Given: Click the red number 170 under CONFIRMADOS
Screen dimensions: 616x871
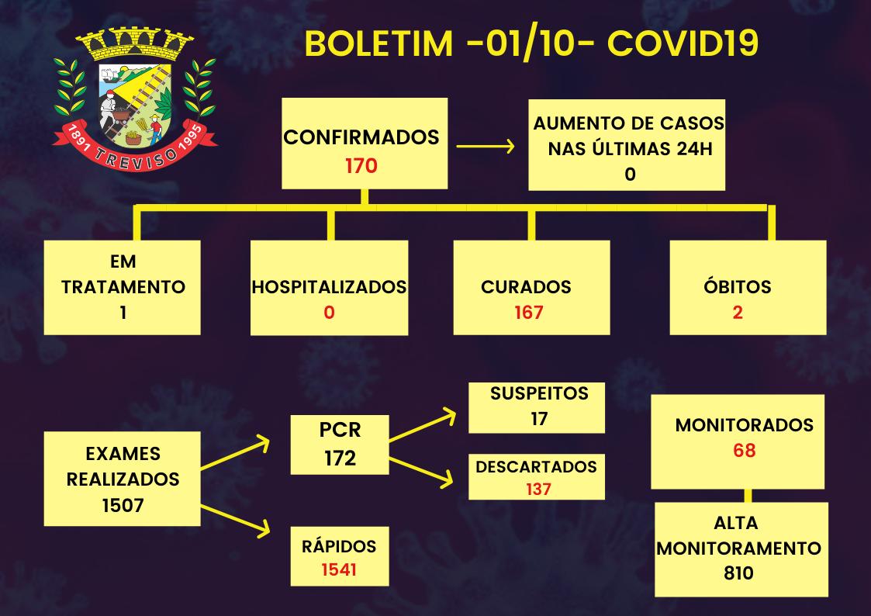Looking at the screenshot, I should pyautogui.click(x=361, y=164).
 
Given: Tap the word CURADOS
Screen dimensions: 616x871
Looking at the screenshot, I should pyautogui.click(x=526, y=287).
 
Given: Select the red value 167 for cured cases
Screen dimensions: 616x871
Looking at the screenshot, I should pyautogui.click(x=529, y=313).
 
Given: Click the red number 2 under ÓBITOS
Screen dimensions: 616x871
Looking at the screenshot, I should pyautogui.click(x=738, y=313).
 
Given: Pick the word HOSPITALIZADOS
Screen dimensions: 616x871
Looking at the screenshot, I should pyautogui.click(x=329, y=287).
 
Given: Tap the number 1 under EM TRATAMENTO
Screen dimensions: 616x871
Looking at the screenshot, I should pyautogui.click(x=123, y=313).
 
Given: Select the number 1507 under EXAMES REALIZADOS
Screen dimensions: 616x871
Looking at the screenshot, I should pyautogui.click(x=123, y=505).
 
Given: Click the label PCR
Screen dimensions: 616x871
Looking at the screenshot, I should pyautogui.click(x=340, y=429).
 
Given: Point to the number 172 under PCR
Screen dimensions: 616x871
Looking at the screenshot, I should pyautogui.click(x=340, y=458).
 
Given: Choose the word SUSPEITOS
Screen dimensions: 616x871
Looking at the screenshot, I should pyautogui.click(x=539, y=393).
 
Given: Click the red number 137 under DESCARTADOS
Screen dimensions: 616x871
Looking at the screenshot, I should pyautogui.click(x=536, y=489).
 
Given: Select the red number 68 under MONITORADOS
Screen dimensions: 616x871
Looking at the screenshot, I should pyautogui.click(x=744, y=450).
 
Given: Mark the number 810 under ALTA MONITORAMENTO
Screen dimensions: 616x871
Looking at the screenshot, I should pyautogui.click(x=737, y=573).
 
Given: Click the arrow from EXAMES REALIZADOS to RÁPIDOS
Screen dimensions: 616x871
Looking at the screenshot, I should pyautogui.click(x=236, y=519).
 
